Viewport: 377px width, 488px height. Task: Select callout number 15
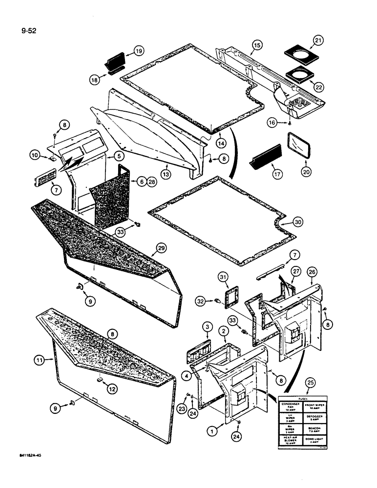click(x=257, y=46)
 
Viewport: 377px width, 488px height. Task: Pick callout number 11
click(x=40, y=361)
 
